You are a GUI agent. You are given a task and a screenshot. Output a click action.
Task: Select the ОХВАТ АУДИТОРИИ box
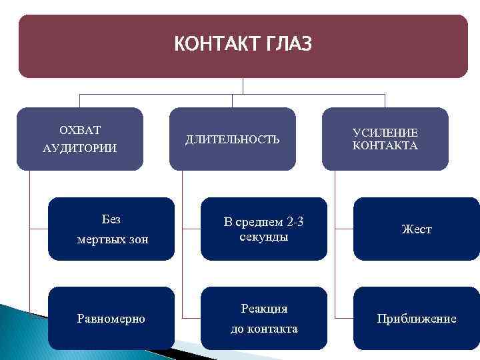(79, 139)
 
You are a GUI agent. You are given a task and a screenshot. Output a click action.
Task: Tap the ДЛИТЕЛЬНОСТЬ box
(232, 139)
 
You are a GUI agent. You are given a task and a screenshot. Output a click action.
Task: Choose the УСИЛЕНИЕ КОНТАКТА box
(385, 139)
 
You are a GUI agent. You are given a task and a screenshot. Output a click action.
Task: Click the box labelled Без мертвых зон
(111, 229)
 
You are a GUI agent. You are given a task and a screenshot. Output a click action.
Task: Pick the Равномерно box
(111, 319)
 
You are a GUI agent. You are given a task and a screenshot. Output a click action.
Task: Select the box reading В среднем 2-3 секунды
(264, 229)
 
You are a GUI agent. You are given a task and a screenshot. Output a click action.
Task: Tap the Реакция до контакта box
(264, 319)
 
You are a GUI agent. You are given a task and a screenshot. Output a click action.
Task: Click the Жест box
(417, 229)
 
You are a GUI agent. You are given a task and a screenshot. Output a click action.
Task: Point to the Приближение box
(417, 319)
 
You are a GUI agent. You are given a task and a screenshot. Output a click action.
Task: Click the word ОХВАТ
(80, 129)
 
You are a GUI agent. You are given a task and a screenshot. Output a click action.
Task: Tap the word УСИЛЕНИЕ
(385, 133)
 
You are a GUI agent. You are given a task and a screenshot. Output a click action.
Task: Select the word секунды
(264, 237)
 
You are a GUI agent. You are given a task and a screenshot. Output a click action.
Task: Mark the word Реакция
(264, 309)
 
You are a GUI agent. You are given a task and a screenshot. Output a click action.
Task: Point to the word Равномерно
(111, 319)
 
